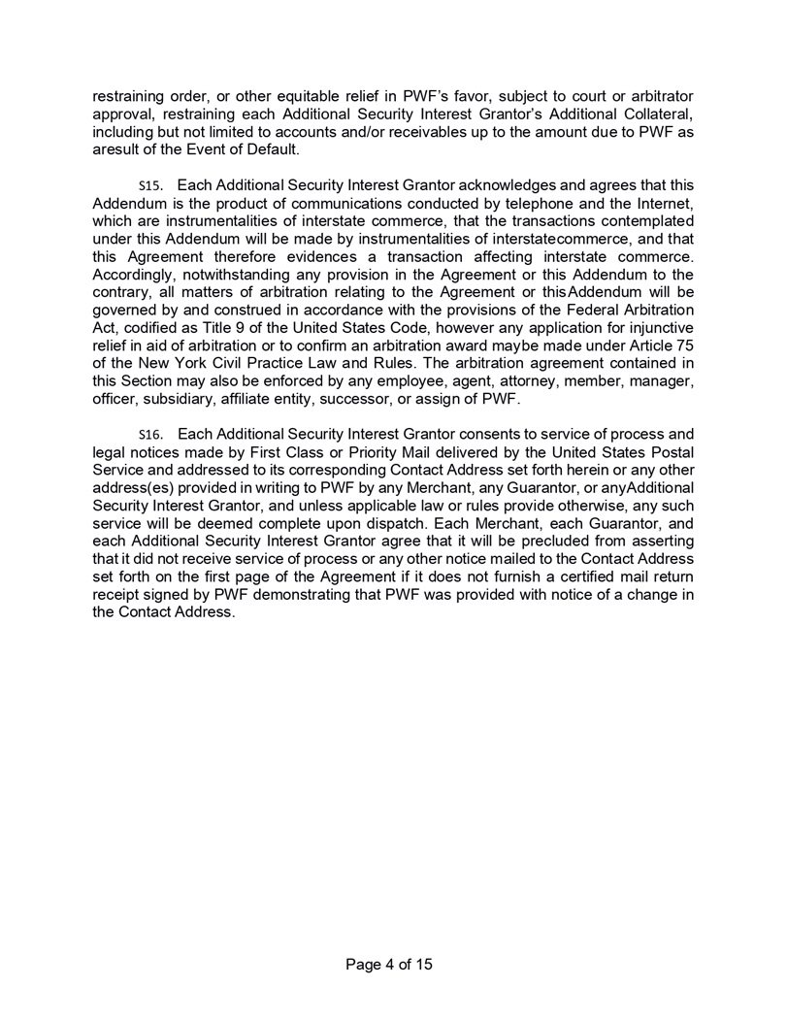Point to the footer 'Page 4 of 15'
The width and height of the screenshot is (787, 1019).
[x=393, y=964]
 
